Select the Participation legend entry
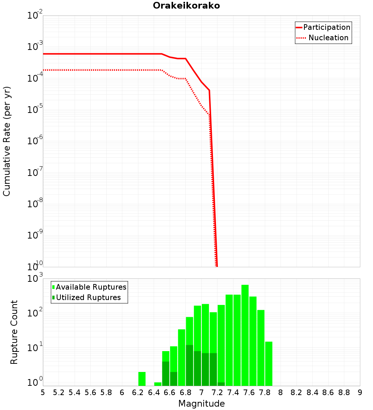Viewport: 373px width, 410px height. coord(323,28)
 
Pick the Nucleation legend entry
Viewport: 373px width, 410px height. coord(323,38)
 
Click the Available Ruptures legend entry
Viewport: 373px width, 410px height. coord(90,287)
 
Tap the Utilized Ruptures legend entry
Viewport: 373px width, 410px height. coord(87,298)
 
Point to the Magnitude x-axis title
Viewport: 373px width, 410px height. coord(201,404)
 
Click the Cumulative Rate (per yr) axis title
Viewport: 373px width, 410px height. coord(7,141)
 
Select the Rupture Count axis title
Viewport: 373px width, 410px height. coord(14,332)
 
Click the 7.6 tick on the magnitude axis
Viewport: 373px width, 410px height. coord(249,392)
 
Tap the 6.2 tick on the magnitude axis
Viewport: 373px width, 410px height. coord(138,392)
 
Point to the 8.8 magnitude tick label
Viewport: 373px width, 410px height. coord(344,392)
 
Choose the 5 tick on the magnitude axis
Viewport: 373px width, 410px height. coord(43,392)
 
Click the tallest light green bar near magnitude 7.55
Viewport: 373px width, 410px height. coord(245,335)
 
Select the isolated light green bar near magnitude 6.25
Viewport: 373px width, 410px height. coord(142,379)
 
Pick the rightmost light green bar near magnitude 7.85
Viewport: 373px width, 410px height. coord(269,363)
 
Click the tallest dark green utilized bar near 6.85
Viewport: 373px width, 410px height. coord(189,365)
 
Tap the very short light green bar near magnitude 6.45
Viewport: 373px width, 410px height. coord(158,384)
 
